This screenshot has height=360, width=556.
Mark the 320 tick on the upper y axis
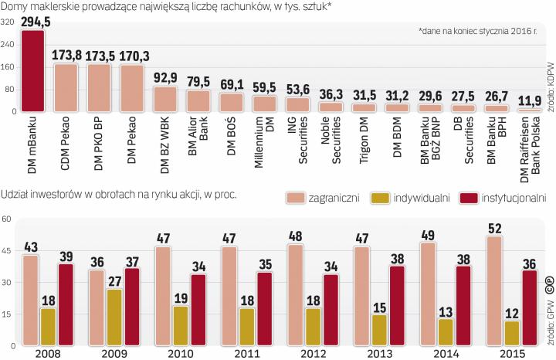[8, 22]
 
